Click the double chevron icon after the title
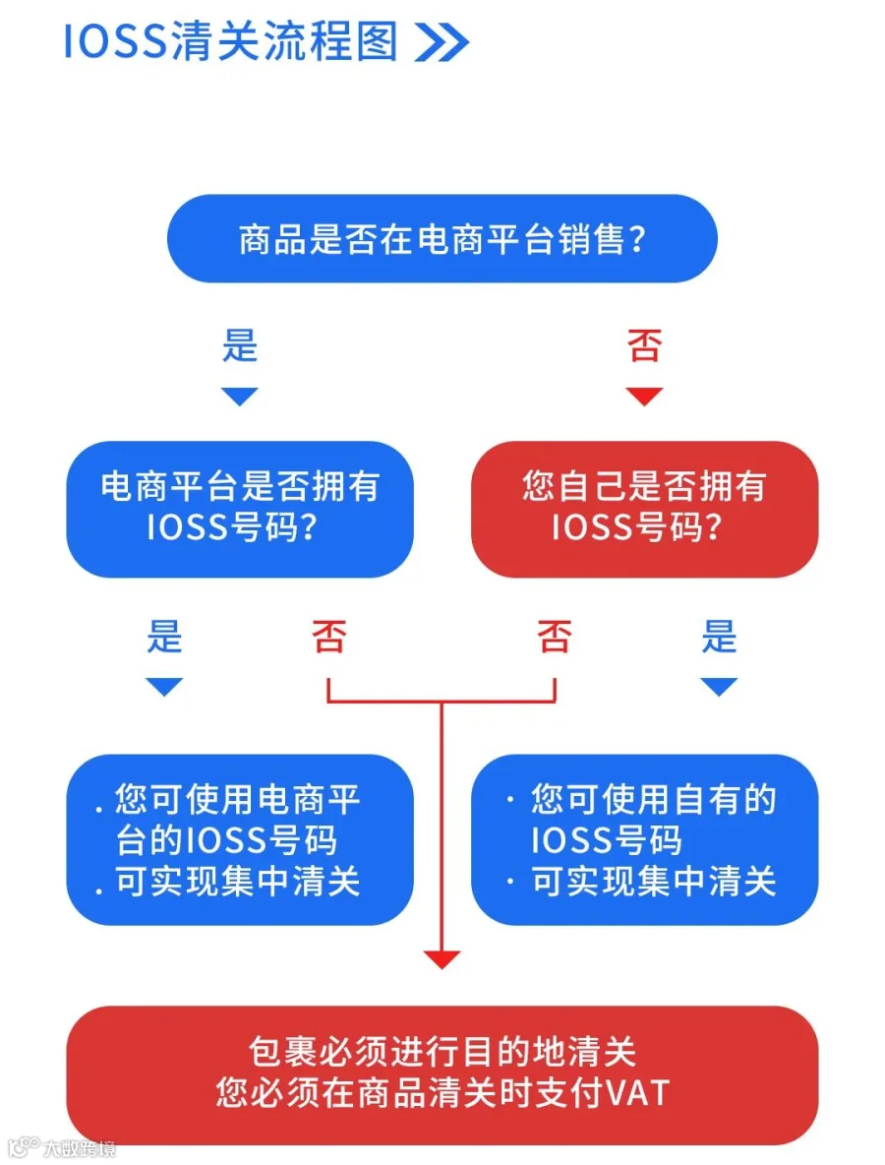442,41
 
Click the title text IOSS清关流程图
231,41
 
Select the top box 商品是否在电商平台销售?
442,238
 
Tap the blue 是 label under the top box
240,345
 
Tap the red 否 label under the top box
644,345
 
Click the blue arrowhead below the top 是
240,396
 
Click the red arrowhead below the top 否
644,396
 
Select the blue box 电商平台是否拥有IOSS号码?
240,509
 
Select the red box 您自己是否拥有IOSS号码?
644,509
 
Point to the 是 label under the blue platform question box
164,637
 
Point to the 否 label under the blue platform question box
328,637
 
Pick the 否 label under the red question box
555,637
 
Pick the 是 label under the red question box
720,637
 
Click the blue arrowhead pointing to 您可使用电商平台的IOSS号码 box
164,687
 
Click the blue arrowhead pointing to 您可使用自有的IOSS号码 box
719,687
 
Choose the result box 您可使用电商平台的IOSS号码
240,839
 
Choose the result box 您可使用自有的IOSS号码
644,839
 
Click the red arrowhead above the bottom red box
442,959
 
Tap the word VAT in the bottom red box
638,1093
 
